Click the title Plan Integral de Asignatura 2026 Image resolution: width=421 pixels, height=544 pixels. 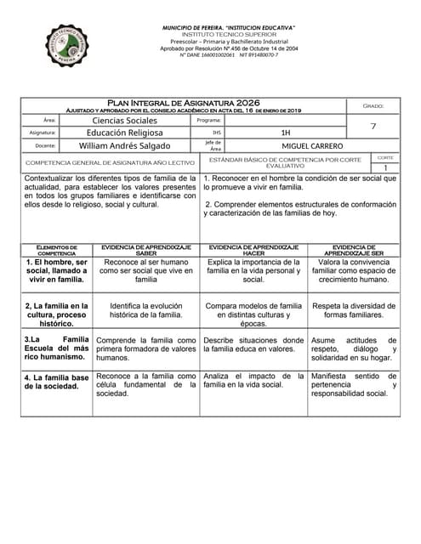tap(184, 103)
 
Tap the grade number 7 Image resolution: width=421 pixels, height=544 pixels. tap(373, 127)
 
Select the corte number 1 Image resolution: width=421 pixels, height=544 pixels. tap(385, 168)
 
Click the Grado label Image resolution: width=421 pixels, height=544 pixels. tap(373, 105)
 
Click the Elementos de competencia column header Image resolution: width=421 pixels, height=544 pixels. tap(56, 249)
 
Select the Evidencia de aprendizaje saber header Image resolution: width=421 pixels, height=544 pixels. tap(145, 249)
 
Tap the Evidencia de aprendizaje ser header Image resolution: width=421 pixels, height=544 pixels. tap(353, 249)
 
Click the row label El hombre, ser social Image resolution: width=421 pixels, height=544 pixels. tap(56, 270)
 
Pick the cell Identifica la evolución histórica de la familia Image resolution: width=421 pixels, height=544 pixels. tap(145, 309)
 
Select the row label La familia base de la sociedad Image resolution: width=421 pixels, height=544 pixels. tap(56, 382)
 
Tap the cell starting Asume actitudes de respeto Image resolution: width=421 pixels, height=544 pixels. tap(353, 348)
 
